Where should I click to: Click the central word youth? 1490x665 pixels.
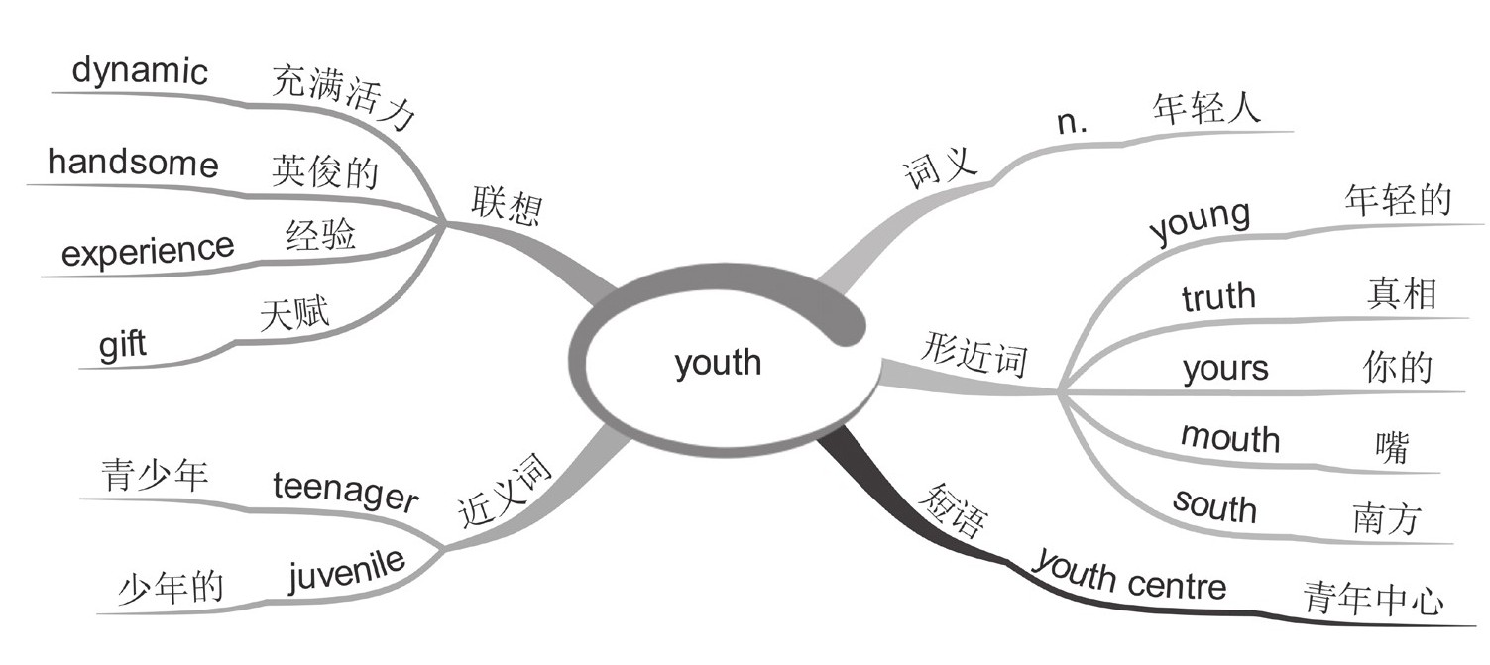pos(718,362)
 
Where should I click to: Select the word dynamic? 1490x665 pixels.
pos(140,72)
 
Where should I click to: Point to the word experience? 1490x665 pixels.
pos(148,252)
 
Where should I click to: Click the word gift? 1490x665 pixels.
pos(122,346)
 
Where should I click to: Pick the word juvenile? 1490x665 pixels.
pos(347,572)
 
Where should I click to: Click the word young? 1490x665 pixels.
pos(1200,221)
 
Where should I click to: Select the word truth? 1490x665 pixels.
pos(1218,296)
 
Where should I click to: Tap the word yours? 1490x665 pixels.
pos(1225,369)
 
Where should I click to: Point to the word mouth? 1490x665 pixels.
pos(1229,437)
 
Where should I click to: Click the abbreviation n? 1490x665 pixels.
pos(1073,123)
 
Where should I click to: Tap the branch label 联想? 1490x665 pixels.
pos(506,205)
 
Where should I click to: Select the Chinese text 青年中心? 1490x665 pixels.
pos(1373,597)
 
